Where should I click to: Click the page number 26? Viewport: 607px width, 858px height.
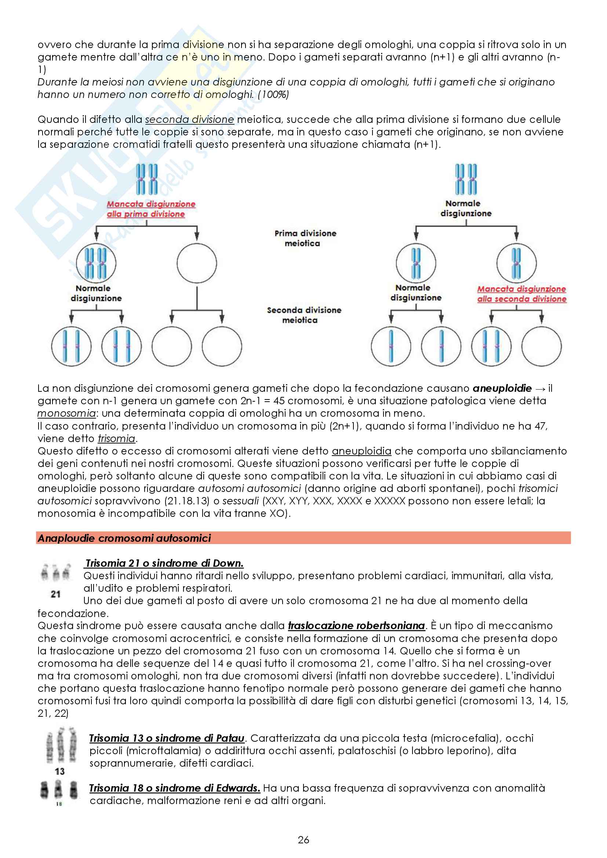[303, 840]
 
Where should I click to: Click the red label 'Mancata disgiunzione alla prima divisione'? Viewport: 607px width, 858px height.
[150, 209]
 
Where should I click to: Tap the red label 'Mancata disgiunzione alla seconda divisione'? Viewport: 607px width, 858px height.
[521, 294]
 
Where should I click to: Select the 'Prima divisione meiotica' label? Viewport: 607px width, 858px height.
[305, 238]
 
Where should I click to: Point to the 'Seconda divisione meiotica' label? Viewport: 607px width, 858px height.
[303, 315]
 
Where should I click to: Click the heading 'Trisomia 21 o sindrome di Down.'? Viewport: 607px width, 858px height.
[164, 563]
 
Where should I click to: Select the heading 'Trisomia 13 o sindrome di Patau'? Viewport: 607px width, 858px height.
[167, 738]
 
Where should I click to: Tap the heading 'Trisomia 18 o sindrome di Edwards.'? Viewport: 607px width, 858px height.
[174, 788]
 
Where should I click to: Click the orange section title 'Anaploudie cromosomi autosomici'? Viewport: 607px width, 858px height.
[124, 538]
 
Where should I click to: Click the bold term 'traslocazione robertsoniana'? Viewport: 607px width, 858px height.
[356, 625]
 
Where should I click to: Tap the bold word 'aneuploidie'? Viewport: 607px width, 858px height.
[502, 388]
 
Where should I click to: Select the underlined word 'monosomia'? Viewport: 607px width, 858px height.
[66, 413]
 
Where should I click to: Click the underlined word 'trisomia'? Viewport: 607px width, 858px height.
[116, 438]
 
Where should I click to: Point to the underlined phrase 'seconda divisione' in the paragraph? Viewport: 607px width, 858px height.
[189, 120]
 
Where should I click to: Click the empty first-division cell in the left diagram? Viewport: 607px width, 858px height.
[197, 263]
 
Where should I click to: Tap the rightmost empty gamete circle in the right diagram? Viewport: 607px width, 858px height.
[541, 346]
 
